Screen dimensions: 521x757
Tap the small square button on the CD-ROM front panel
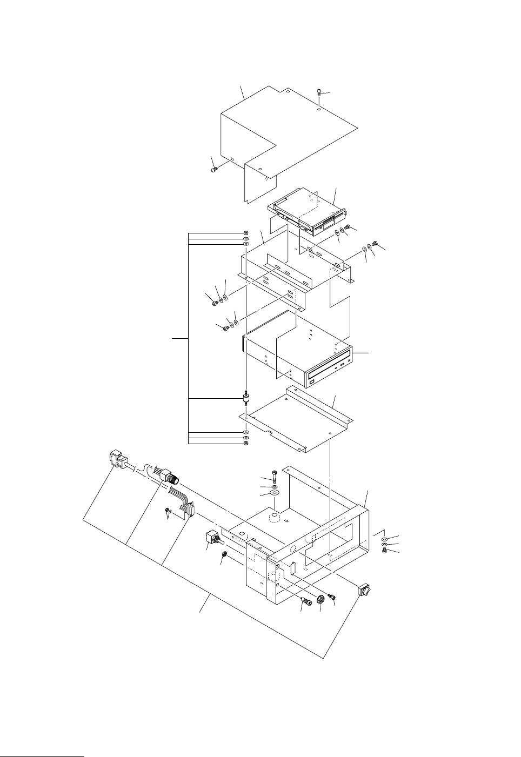click(x=312, y=383)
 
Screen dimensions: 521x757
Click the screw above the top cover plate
click(x=319, y=92)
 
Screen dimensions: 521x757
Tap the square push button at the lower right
click(x=363, y=589)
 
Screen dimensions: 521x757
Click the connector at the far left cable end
click(x=116, y=459)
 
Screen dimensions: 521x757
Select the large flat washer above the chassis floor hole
click(x=275, y=493)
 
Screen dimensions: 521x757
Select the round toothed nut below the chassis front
click(x=320, y=599)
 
